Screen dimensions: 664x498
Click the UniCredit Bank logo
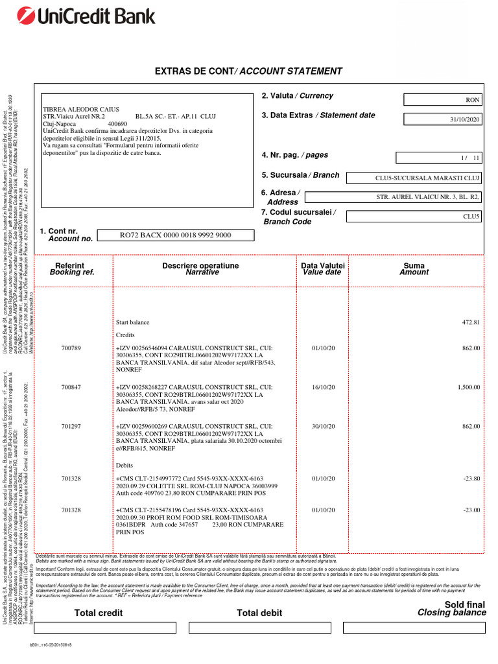[x=75, y=16]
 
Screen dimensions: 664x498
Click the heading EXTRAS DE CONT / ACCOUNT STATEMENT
[x=248, y=71]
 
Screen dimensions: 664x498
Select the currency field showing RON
[x=444, y=100]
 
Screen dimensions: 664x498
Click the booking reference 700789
[x=71, y=348]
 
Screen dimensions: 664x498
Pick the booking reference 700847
[x=71, y=386]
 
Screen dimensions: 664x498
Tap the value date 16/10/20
[x=323, y=386]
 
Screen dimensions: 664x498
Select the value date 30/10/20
[x=323, y=426]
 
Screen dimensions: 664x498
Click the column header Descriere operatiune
[x=200, y=269]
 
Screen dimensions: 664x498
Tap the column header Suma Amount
[x=414, y=269]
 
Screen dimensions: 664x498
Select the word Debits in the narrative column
[x=124, y=466]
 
